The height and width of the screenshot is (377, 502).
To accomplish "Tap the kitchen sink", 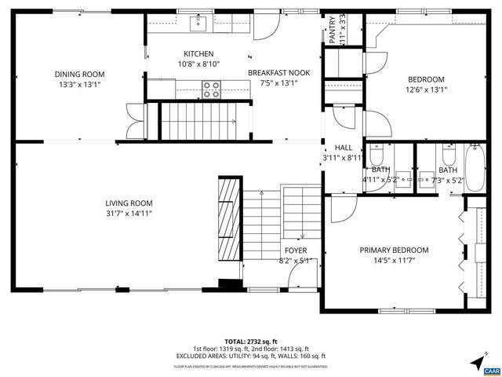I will click(x=200, y=24).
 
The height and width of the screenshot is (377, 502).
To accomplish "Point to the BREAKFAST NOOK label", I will click(x=278, y=73).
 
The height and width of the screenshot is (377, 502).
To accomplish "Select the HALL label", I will click(x=344, y=147).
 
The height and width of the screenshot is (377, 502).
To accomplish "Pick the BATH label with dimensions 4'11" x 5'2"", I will click(x=380, y=170).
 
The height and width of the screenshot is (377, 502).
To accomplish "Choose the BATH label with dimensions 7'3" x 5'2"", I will click(x=447, y=170).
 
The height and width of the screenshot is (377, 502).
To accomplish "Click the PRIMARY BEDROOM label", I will click(x=394, y=250).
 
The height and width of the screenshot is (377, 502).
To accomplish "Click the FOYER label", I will click(x=296, y=251).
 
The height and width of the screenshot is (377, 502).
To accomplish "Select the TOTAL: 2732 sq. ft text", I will click(x=250, y=341).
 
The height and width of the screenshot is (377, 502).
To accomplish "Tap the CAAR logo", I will click(x=493, y=369).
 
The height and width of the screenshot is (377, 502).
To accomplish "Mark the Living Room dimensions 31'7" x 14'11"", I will click(x=129, y=212).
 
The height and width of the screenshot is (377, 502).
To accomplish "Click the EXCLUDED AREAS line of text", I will click(x=250, y=356).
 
